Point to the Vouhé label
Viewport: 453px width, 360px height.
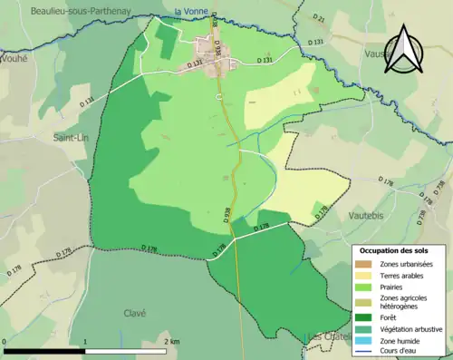(14, 56)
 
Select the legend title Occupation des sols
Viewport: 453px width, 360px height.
(397, 249)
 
